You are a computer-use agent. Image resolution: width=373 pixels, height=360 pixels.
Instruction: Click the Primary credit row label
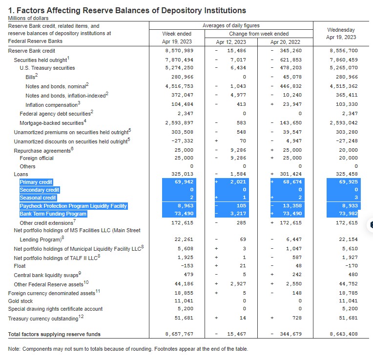36,182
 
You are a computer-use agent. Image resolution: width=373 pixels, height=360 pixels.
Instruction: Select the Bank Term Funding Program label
53,214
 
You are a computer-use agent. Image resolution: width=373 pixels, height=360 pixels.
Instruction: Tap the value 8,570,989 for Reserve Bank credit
179,51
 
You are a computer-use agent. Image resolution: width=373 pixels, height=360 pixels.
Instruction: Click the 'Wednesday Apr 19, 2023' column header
341,34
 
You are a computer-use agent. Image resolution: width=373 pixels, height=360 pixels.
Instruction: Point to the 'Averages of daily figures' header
231,25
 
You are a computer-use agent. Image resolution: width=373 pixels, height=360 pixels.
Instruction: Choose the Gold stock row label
21,301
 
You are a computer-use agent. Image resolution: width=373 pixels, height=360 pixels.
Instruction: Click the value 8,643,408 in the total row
344,334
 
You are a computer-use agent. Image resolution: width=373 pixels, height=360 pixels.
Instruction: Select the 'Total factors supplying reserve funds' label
54,334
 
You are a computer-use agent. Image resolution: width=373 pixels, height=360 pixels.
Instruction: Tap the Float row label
20,266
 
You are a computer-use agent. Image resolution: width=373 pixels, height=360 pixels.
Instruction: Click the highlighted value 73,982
348,214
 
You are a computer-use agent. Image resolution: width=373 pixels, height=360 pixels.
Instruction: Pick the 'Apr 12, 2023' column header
231,42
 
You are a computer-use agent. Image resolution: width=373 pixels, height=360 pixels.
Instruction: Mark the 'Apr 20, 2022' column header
285,42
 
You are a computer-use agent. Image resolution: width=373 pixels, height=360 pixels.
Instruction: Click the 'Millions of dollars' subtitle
28,18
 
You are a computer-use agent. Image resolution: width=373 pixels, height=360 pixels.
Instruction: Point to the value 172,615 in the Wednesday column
347,223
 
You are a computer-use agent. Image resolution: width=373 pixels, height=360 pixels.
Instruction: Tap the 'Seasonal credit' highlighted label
38,198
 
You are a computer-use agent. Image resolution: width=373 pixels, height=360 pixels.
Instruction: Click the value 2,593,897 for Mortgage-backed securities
179,123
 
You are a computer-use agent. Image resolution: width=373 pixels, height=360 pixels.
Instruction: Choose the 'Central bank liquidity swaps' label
47,275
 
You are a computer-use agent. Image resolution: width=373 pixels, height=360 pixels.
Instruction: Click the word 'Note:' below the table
14,349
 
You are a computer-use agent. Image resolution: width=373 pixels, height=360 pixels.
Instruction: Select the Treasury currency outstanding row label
46,318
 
